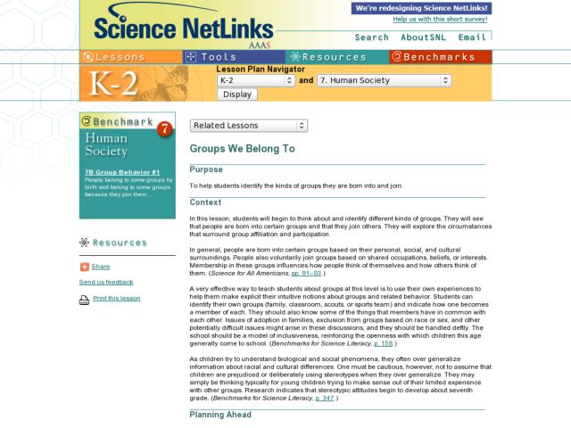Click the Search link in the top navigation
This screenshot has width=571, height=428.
tap(371, 37)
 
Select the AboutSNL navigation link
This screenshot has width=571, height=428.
tap(424, 37)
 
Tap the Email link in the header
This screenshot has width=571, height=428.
tap(472, 37)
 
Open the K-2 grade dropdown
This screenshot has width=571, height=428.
tap(255, 80)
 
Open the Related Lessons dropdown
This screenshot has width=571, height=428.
tap(249, 126)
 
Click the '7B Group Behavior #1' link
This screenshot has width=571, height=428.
tap(122, 172)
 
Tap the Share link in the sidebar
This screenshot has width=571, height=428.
tap(100, 267)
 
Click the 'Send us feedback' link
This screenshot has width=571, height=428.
tap(106, 282)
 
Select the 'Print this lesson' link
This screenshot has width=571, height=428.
tap(116, 299)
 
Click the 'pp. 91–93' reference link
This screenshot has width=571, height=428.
tap(307, 273)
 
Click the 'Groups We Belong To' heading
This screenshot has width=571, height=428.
tap(242, 149)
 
